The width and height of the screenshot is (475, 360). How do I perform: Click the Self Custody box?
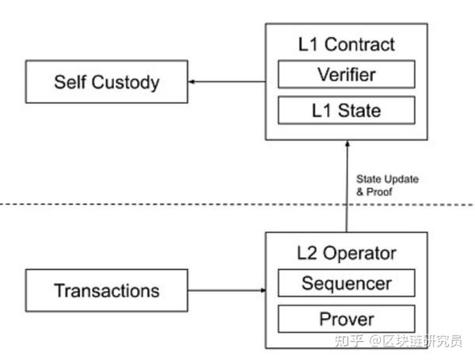pos(106,81)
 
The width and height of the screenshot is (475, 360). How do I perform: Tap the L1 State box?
pos(345,110)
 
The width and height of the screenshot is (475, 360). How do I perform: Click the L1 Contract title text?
pos(345,46)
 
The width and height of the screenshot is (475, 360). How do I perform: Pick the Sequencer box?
pos(345,283)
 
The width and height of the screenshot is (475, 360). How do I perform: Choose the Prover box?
pos(345,319)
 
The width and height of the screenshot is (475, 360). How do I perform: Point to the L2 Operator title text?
pos(345,253)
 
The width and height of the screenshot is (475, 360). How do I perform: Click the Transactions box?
pos(106,290)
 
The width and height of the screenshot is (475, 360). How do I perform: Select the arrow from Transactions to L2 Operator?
pos(226,290)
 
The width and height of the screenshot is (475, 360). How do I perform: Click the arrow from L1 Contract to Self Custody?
pos(226,81)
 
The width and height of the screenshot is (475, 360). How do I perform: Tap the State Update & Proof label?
pos(387,185)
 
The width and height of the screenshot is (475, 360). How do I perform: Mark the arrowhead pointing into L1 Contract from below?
pos(345,143)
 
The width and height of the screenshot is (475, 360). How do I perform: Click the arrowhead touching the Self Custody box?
pos(191,81)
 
